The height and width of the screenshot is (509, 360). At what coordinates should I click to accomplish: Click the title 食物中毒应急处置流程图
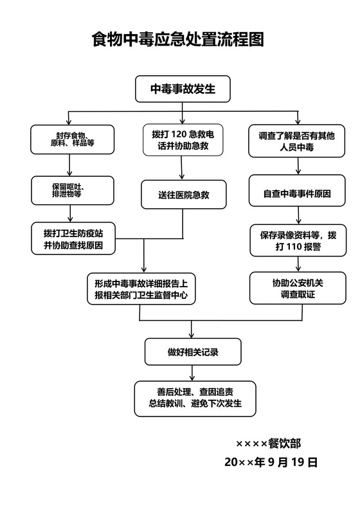[178, 40]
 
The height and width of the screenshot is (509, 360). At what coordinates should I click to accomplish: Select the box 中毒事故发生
[183, 89]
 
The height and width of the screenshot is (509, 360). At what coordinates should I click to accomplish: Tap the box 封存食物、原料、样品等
[73, 139]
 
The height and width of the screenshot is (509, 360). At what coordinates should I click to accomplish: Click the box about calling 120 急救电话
[183, 139]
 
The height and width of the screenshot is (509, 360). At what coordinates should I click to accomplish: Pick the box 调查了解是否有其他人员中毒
[297, 139]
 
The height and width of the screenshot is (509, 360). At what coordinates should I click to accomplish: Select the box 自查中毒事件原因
[297, 192]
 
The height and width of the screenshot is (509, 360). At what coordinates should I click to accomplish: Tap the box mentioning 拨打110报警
[298, 240]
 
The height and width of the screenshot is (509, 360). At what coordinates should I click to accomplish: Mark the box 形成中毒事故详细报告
[141, 289]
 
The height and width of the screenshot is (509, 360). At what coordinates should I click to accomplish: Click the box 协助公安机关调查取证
[297, 288]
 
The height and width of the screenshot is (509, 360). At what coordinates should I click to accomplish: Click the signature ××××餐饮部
[268, 443]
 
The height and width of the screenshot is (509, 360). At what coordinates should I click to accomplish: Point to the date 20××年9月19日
[271, 461]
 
